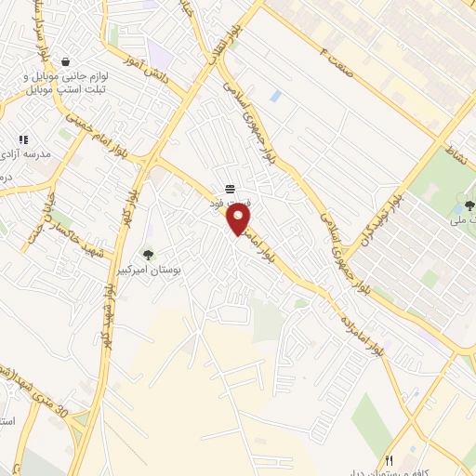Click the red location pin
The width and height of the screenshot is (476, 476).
pyautogui.click(x=239, y=219)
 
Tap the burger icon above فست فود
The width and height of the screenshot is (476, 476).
pyautogui.click(x=230, y=190)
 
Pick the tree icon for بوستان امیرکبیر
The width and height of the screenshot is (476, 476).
pyautogui.click(x=148, y=254)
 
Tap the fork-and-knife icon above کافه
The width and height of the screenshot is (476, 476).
pyautogui.click(x=390, y=459)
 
